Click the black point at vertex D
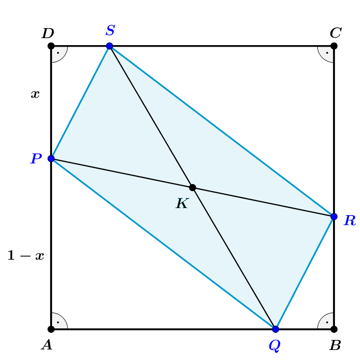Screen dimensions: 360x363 (x=51, y=46)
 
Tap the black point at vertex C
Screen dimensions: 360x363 (x=334, y=46)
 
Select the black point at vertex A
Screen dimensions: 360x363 (x=51, y=329)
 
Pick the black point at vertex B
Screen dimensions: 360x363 (x=334, y=329)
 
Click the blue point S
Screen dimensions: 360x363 (x=110, y=46)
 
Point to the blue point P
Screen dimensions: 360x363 (x=51, y=158)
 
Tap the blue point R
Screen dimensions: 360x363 (x=334, y=217)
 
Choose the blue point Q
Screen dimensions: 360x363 (x=275, y=329)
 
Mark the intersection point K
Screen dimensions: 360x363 (x=192, y=188)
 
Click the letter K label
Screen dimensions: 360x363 (x=182, y=203)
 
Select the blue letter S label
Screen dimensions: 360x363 (x=110, y=30)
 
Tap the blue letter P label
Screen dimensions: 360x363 (x=36, y=158)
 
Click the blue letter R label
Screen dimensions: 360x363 (x=350, y=220)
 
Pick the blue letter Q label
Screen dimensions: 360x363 (x=275, y=346)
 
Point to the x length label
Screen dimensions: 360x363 (x=35, y=94)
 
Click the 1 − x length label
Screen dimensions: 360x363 (x=26, y=256)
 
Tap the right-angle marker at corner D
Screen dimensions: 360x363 (x=58, y=53)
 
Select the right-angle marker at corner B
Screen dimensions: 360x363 (x=327, y=322)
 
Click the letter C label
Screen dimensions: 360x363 (x=336, y=33)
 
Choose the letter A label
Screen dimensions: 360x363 (x=47, y=345)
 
